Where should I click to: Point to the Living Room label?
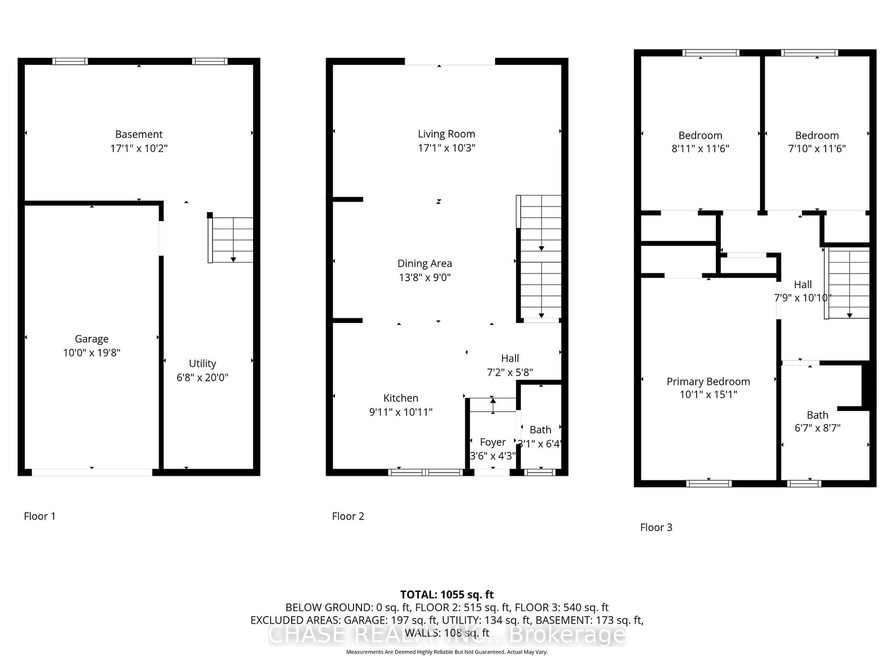(446, 134)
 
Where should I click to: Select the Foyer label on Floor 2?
(493, 442)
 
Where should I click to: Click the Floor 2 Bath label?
(540, 430)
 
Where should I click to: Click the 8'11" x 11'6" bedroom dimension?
(700, 149)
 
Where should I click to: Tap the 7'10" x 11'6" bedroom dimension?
(816, 149)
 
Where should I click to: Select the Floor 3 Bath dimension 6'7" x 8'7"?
(817, 428)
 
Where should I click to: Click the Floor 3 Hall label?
(803, 285)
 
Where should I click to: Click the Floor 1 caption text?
(40, 516)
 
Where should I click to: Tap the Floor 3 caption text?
(656, 527)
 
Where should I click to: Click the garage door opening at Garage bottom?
(92, 472)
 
